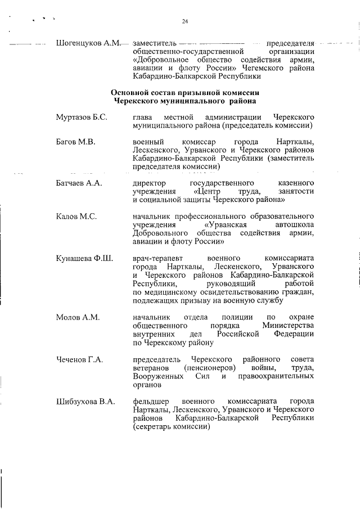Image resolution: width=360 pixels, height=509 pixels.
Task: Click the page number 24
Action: (x=184, y=22)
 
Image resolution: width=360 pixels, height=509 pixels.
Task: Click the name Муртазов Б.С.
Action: (x=81, y=117)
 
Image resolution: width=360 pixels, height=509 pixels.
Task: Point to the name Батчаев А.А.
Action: (x=79, y=183)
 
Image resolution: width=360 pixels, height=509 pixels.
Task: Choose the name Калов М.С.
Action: (x=76, y=217)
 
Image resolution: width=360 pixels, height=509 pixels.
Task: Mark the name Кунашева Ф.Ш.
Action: (x=84, y=258)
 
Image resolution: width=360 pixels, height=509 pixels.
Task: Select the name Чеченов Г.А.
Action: (x=79, y=359)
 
